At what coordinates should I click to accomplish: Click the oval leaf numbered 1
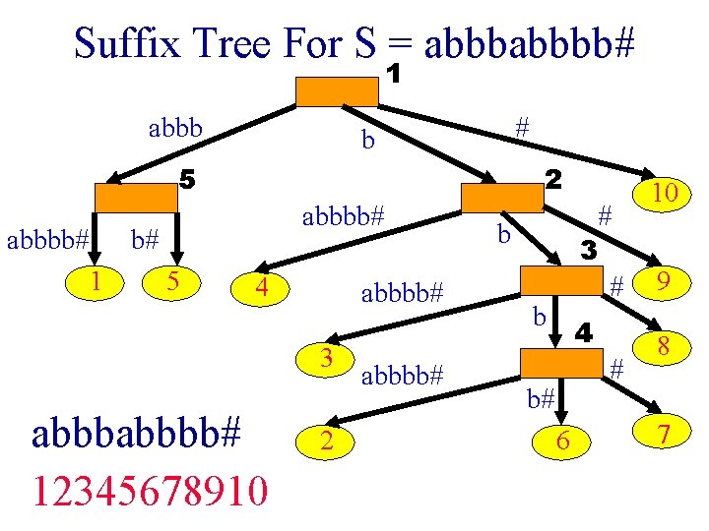pyautogui.click(x=96, y=281)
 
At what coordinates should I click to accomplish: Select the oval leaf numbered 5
pyautogui.click(x=171, y=281)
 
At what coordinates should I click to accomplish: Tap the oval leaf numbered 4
pyautogui.click(x=261, y=289)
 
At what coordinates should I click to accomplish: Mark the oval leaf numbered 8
pyautogui.click(x=663, y=346)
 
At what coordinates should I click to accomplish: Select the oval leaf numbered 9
pyautogui.click(x=665, y=285)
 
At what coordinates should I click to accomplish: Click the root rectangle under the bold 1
pyautogui.click(x=338, y=90)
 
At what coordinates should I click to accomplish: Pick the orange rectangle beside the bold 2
pyautogui.click(x=503, y=198)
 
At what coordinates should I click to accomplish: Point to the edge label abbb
pyautogui.click(x=175, y=128)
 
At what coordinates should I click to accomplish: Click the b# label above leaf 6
pyautogui.click(x=540, y=399)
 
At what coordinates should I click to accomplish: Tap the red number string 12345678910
pyautogui.click(x=149, y=490)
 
